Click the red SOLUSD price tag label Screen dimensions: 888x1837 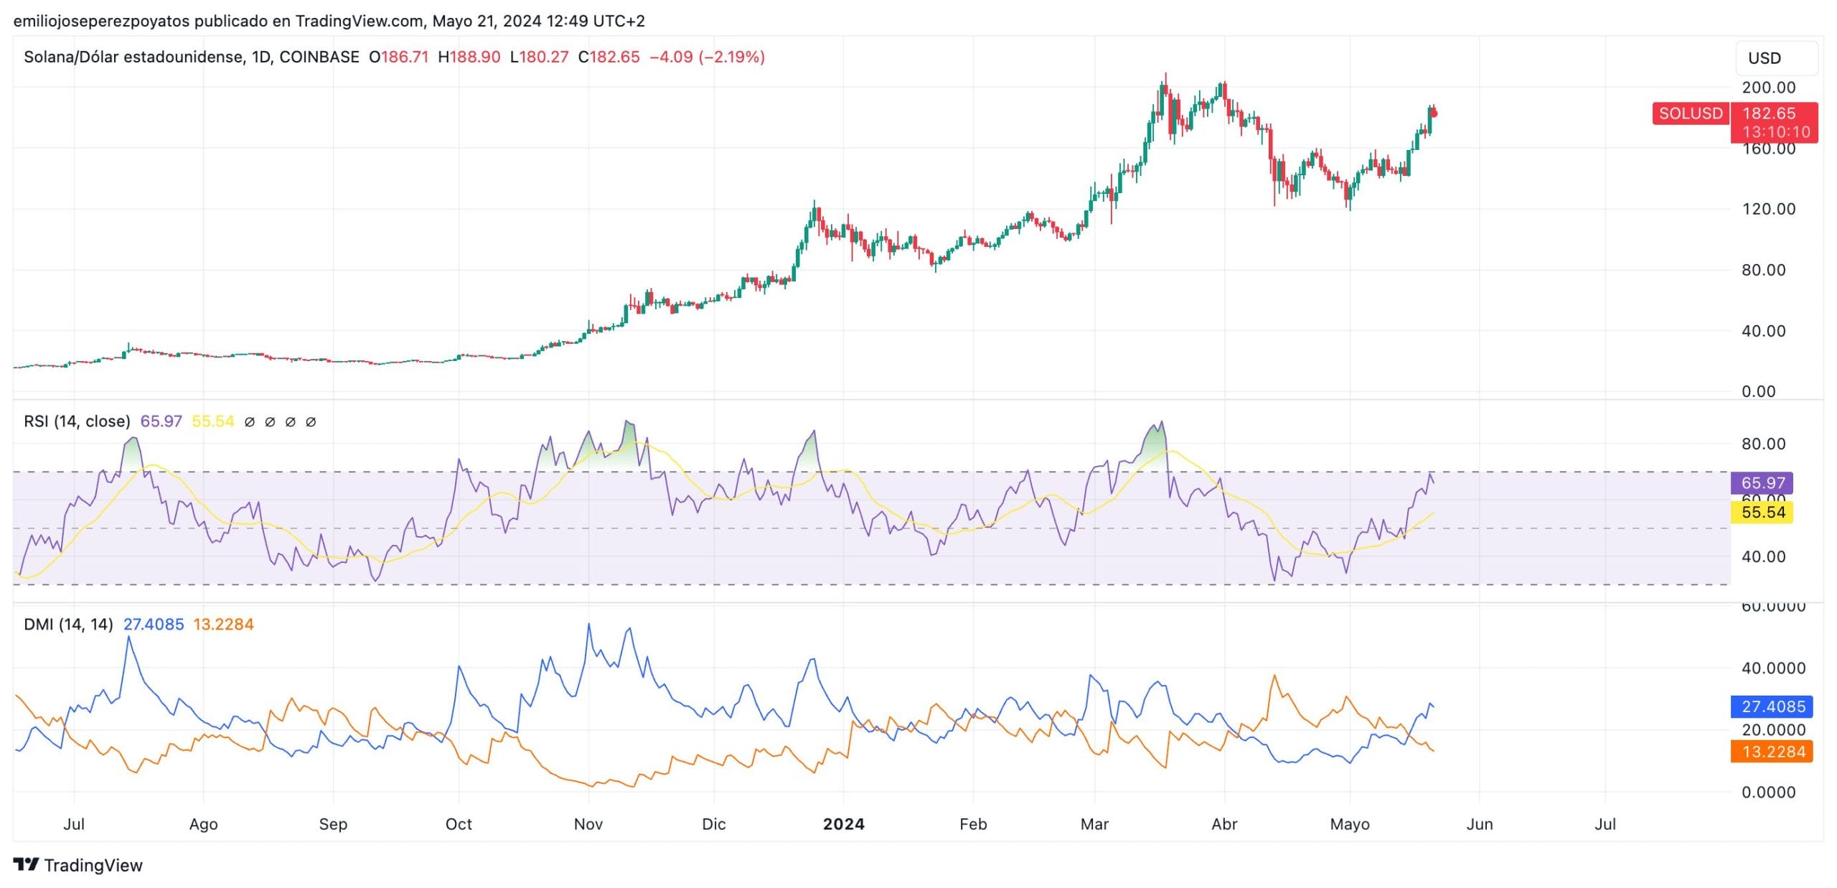1690,113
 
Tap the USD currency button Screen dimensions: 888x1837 1776,58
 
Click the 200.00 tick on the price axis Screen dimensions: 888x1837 1768,88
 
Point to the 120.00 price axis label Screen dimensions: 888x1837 1768,209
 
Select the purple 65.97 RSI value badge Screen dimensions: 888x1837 1762,483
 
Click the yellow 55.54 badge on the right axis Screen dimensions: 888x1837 1762,513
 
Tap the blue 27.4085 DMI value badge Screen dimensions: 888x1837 1772,707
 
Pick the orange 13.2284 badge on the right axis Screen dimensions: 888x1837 1772,752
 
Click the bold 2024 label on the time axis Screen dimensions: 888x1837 843,824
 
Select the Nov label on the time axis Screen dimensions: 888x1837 588,824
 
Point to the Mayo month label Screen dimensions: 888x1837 1349,824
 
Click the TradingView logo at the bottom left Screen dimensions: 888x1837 78,865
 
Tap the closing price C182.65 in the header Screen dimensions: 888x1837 609,57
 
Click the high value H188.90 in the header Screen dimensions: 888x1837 469,57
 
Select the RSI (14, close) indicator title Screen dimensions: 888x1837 77,421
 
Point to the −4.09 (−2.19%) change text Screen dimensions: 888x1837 707,57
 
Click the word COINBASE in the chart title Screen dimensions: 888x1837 319,57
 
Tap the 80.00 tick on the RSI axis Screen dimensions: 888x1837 1763,444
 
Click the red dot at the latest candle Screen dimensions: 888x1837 1434,113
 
